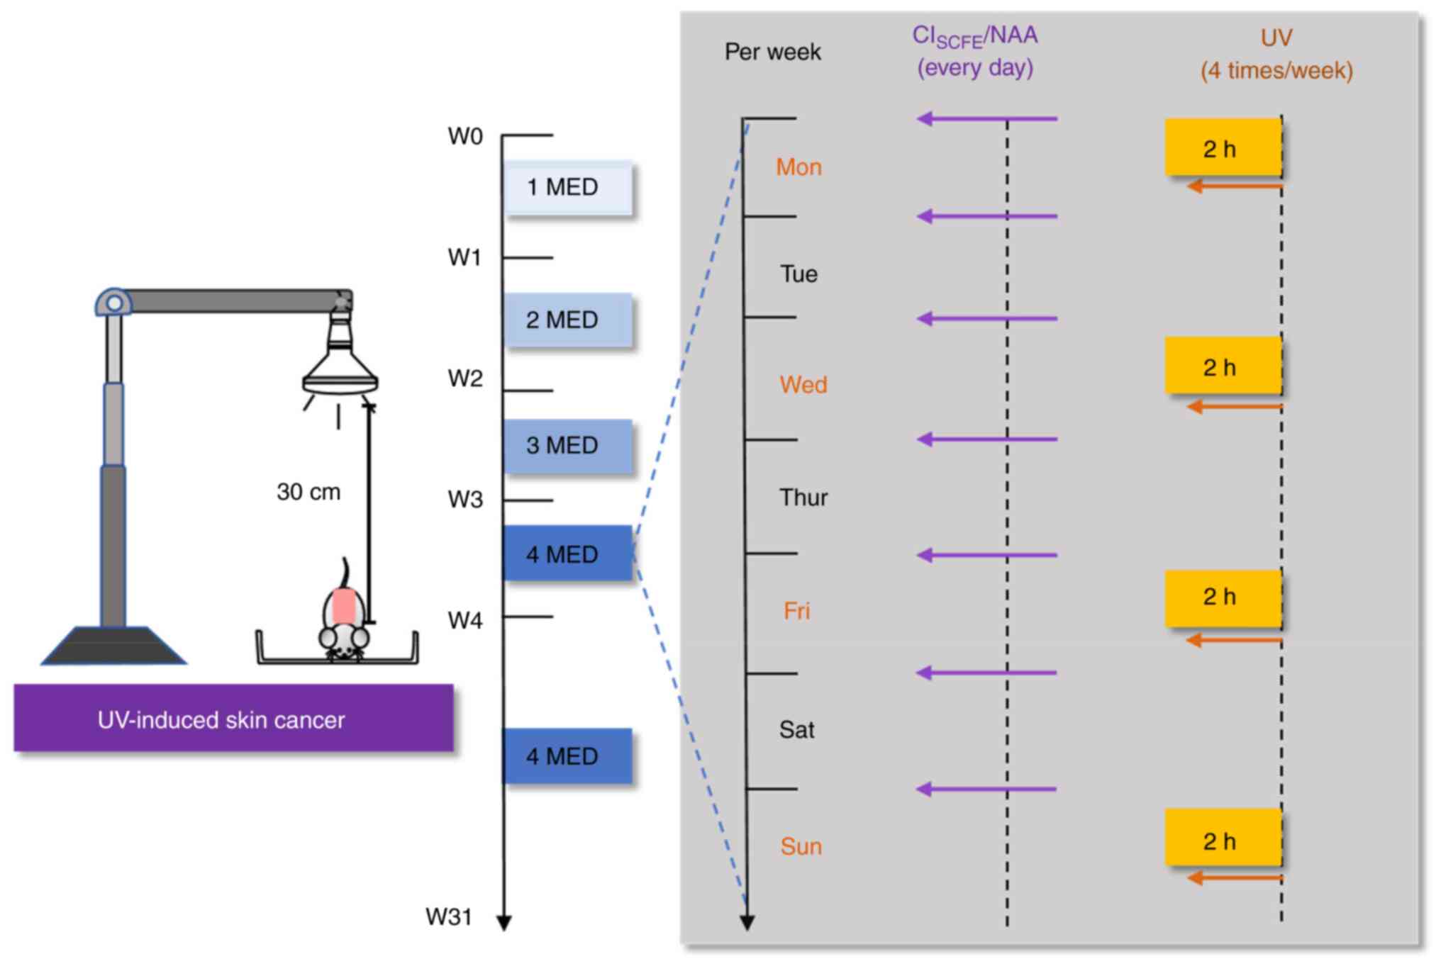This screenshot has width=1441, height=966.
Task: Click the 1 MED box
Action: [x=568, y=188]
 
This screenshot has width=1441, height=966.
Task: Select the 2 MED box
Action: [x=568, y=320]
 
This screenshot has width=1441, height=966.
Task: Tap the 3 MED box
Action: [x=568, y=446]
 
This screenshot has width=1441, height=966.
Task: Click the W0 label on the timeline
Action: [x=465, y=136]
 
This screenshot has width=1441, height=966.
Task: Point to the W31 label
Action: [x=449, y=916]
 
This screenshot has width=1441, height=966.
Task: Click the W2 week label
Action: [x=465, y=378]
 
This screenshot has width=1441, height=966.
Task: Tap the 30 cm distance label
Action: [x=308, y=492]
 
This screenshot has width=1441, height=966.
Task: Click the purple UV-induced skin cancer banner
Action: [x=233, y=718]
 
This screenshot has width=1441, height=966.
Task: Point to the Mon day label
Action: [x=799, y=167]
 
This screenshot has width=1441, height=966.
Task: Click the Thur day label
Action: [x=803, y=498]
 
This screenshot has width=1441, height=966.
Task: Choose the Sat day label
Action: [x=797, y=729]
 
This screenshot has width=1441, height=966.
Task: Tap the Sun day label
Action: [x=801, y=846]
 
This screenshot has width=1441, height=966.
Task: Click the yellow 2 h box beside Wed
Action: [x=1223, y=366]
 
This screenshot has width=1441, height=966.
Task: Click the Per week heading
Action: [x=772, y=52]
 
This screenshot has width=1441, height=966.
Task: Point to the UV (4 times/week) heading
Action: [x=1276, y=54]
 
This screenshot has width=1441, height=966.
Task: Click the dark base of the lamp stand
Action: [x=113, y=646]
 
